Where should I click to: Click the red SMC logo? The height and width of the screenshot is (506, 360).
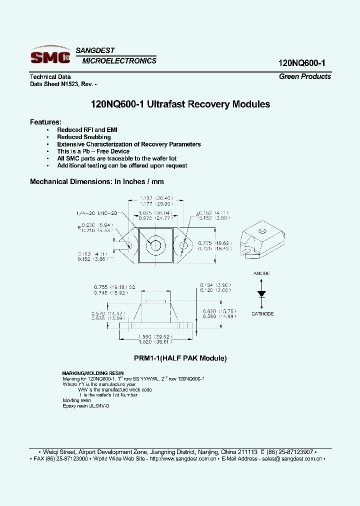[x=50, y=57]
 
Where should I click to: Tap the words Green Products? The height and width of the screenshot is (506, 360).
[x=304, y=76]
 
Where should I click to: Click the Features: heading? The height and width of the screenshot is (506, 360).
[x=45, y=122]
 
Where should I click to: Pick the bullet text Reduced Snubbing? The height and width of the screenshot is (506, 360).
[x=84, y=137]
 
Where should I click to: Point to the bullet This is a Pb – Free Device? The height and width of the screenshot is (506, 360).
[x=93, y=151]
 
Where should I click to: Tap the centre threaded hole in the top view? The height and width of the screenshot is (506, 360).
[x=155, y=245]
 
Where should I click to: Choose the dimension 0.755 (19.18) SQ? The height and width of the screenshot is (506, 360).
[x=114, y=287]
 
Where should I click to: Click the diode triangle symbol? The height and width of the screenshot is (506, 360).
[x=261, y=293]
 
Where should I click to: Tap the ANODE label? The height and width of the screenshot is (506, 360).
[x=261, y=273]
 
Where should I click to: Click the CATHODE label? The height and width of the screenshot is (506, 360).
[x=262, y=313]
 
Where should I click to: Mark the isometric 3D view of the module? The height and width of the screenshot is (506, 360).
[x=262, y=239]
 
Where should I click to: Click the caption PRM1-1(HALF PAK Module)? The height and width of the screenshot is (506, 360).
[x=180, y=358]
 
